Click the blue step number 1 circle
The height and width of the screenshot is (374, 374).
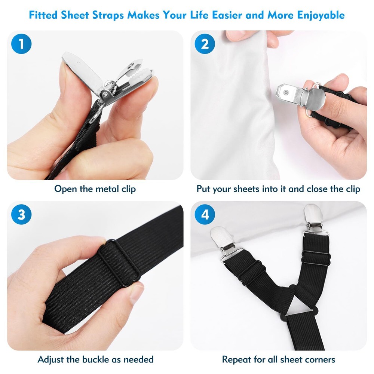(21, 44)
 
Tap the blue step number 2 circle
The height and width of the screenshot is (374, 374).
(205, 44)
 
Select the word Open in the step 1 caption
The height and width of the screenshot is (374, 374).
(65, 189)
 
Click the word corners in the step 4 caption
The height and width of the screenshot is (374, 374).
(319, 360)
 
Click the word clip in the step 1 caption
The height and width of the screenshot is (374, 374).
(128, 189)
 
